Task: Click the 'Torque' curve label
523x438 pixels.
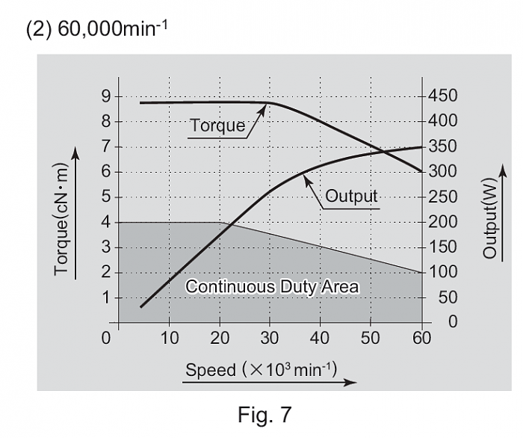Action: [217, 126]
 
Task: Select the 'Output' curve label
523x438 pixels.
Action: [351, 197]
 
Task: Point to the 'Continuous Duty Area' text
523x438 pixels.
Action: [272, 286]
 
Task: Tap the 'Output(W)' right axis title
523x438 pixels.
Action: [489, 220]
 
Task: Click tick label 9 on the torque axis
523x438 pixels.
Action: [106, 96]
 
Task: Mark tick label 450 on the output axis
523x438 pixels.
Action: [443, 96]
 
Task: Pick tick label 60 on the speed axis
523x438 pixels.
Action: [421, 338]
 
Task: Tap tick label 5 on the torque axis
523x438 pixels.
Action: [106, 197]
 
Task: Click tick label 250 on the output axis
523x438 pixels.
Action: [443, 197]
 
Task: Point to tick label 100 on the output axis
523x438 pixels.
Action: [443, 272]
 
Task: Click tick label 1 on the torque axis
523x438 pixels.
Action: [106, 297]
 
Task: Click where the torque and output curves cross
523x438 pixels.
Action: [383, 152]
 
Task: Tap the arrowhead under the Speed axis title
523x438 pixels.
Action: [351, 381]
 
